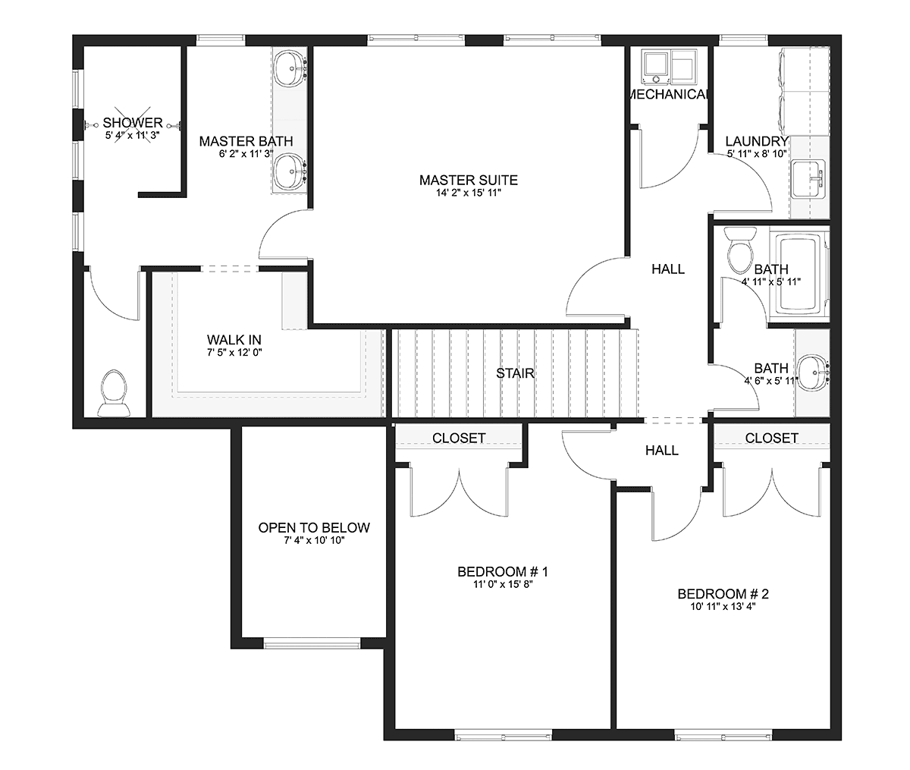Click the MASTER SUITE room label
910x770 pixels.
[469, 180]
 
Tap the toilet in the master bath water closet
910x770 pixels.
[114, 394]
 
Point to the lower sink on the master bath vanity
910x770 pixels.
[290, 171]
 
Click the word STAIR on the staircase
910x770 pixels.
[515, 373]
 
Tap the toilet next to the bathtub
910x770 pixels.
[739, 250]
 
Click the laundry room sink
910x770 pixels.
[808, 179]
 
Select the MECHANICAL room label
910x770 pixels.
[669, 94]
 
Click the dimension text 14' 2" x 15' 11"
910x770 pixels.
[469, 193]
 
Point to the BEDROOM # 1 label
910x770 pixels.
[502, 572]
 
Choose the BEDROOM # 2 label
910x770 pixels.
[723, 594]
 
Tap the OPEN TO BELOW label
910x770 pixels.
[314, 528]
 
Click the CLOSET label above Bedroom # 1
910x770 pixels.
[459, 438]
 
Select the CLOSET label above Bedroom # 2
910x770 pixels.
[771, 438]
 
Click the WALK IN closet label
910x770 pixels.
[234, 340]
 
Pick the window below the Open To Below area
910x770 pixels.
[312, 644]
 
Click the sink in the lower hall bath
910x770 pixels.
[813, 373]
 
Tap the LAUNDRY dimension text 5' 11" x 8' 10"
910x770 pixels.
[757, 154]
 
